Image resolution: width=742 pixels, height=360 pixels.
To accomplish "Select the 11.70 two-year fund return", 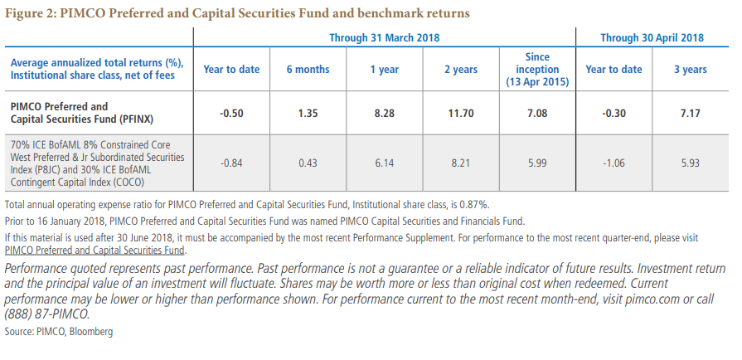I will pos(460,112).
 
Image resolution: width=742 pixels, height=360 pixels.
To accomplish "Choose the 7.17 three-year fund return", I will pos(691,112).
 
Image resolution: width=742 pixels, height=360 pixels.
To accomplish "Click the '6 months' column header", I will pos(308,70).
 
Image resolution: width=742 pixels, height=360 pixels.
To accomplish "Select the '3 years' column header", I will pos(691,70).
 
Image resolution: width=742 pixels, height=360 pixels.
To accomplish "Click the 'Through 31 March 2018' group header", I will pos(385,37).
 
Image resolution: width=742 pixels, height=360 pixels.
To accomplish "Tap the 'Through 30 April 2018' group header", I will pos(652,37).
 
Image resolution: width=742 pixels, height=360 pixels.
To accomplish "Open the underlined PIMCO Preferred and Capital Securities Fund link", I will pos(95,251).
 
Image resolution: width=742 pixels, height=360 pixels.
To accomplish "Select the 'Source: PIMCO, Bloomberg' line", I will pos(58,332).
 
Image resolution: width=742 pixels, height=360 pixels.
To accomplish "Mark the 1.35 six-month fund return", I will pos(308,112).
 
